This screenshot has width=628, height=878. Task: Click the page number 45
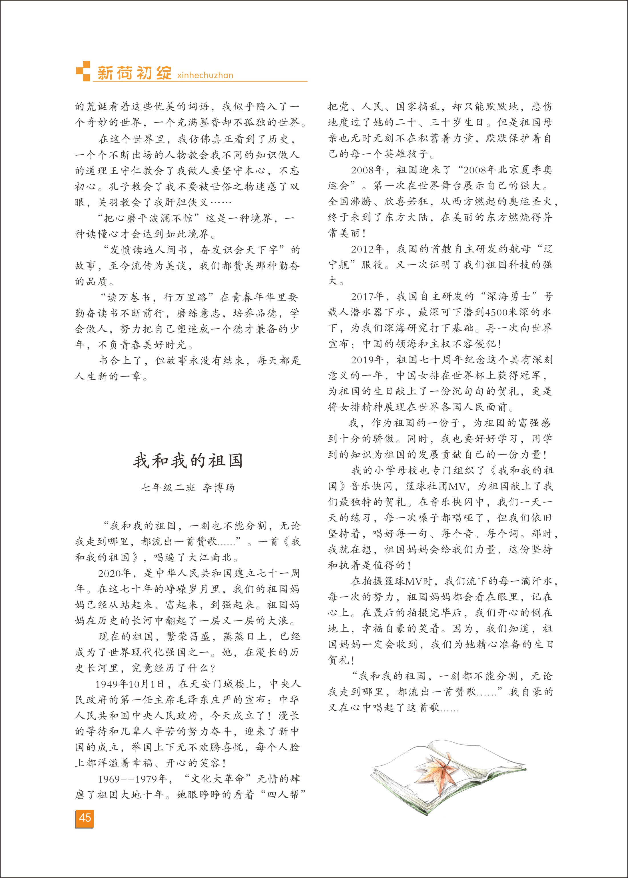click(x=85, y=817)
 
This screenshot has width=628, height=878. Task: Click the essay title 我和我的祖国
click(x=188, y=461)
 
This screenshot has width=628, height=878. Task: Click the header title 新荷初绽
click(x=134, y=73)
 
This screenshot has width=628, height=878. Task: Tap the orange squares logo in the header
click(x=83, y=71)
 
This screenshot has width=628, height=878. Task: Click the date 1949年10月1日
click(x=130, y=684)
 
